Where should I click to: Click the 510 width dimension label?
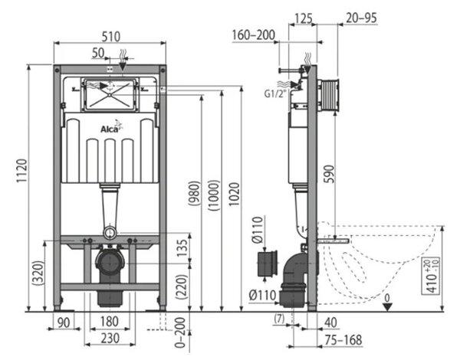point(111,37)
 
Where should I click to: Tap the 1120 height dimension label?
point(21,171)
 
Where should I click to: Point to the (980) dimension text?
point(195,193)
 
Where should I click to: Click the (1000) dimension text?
point(214,195)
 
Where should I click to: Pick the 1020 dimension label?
point(234,194)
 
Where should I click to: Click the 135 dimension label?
point(182,247)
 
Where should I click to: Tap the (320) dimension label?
point(38,273)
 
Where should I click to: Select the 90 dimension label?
point(64,322)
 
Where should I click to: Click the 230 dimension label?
point(110,339)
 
